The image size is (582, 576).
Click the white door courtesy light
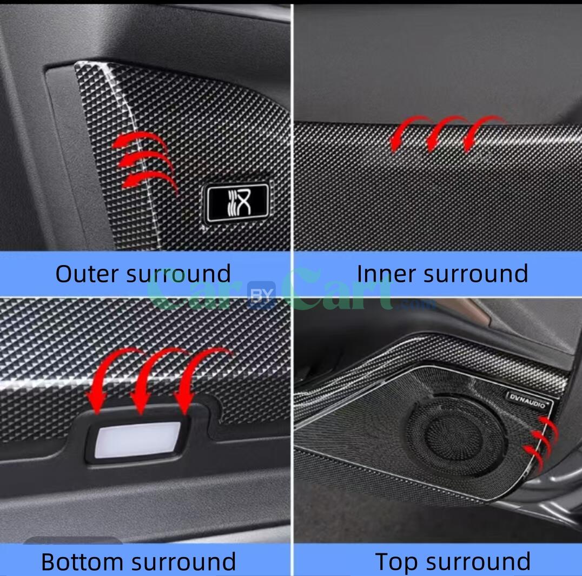pyautogui.click(x=137, y=439)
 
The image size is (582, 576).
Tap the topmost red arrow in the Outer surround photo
pyautogui.click(x=140, y=141)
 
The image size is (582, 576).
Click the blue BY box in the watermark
pyautogui.click(x=262, y=295)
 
